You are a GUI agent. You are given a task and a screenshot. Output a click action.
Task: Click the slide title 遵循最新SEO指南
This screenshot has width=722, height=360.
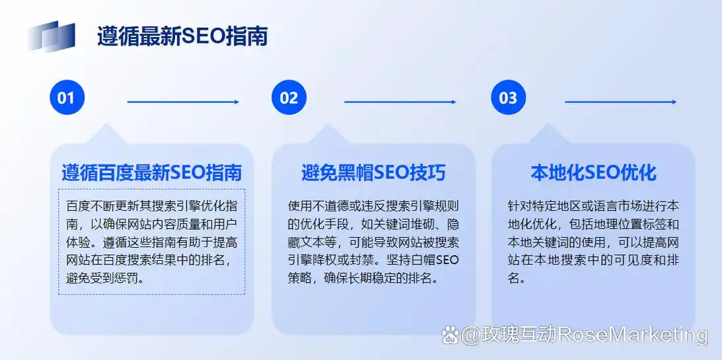[182, 36]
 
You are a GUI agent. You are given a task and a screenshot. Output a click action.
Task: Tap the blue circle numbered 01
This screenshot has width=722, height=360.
[67, 98]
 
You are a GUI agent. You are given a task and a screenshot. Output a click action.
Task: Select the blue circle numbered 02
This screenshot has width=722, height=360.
[289, 98]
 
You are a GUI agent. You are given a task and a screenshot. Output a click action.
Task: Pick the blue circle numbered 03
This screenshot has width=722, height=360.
[508, 98]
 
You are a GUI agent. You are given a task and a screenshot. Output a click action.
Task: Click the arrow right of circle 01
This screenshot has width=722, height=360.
[183, 102]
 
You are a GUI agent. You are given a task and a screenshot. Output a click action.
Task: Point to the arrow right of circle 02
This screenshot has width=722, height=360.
[400, 102]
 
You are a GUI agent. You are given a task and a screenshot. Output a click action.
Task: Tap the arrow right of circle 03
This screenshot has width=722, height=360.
[620, 102]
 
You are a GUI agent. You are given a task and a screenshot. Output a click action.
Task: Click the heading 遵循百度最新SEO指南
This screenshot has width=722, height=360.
[151, 173]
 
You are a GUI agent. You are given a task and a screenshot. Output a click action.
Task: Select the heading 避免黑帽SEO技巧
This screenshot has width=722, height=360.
[373, 173]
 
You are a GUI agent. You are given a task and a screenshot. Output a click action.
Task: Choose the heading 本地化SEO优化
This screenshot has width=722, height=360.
[593, 173]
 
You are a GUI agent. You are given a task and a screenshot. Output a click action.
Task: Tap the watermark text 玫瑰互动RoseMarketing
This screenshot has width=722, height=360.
[584, 335]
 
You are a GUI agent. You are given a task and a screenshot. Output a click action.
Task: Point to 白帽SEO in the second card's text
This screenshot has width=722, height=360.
[437, 260]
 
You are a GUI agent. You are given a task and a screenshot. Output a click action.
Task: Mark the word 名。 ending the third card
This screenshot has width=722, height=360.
[517, 278]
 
